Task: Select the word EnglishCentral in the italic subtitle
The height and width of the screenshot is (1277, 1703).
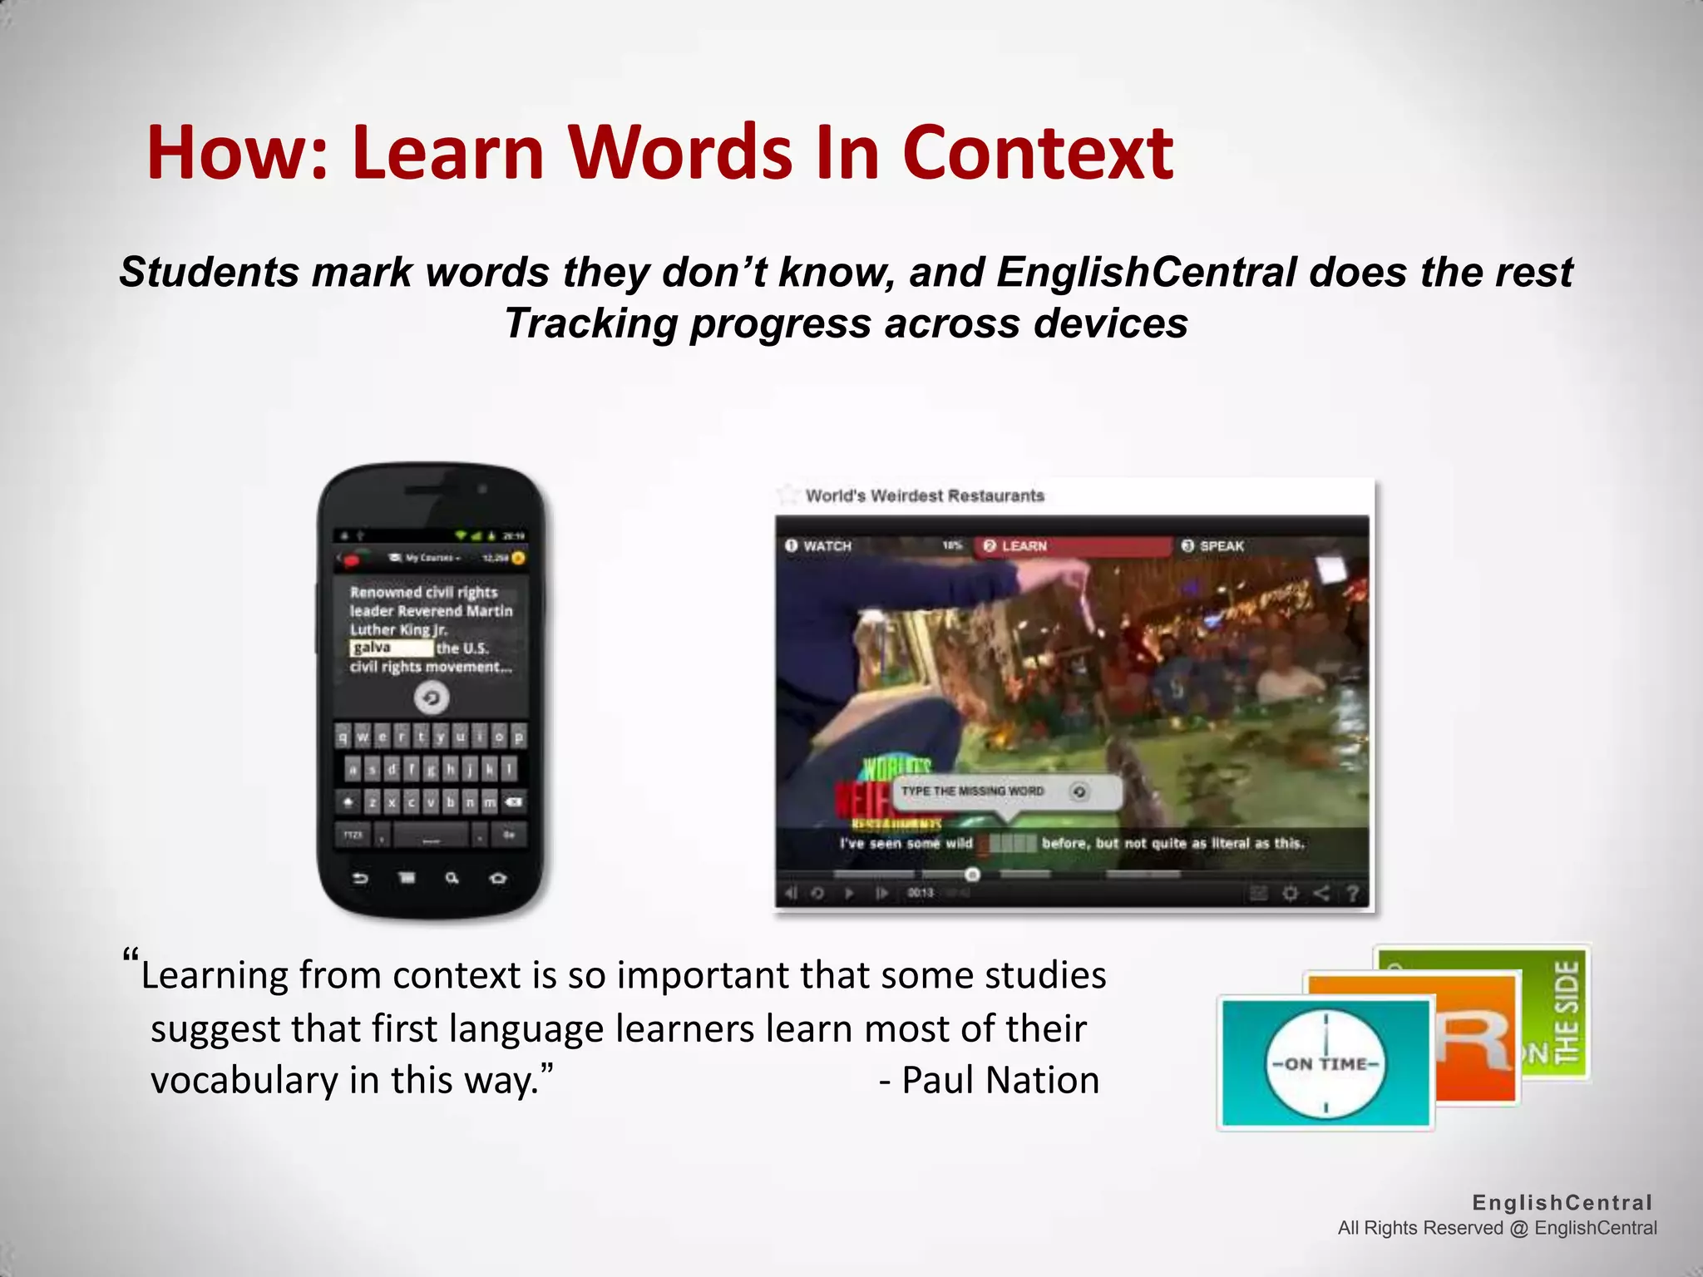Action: [x=1146, y=272]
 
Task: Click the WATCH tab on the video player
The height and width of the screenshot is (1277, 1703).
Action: [x=826, y=546]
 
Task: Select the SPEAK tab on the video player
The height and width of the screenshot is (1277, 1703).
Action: [x=1220, y=546]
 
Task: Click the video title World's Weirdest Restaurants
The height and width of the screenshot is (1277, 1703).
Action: [x=924, y=496]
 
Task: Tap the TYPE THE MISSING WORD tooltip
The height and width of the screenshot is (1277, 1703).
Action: [x=972, y=791]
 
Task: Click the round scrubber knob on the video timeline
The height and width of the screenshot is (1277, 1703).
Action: [x=972, y=874]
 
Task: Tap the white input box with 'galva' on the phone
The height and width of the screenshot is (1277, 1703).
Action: [x=391, y=648]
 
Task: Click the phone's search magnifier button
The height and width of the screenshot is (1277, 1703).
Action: [x=452, y=878]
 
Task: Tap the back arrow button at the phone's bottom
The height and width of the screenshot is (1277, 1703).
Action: [x=360, y=879]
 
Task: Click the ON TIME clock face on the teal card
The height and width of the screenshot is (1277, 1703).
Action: [x=1325, y=1063]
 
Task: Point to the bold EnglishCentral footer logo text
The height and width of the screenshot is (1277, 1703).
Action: [x=1562, y=1202]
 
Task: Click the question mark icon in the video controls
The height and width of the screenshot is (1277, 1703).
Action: [x=1353, y=894]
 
